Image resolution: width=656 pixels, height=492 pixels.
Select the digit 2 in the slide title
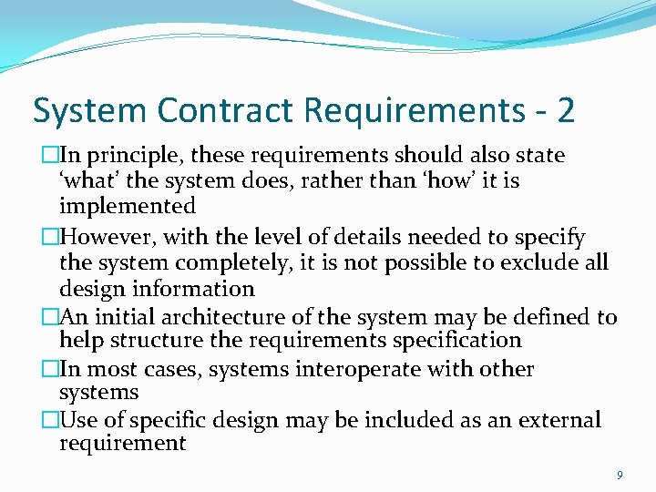[565, 110]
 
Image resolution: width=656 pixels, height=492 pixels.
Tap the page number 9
[620, 475]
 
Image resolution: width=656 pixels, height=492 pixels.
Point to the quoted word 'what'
[89, 181]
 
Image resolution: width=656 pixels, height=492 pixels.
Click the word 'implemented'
[127, 207]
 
